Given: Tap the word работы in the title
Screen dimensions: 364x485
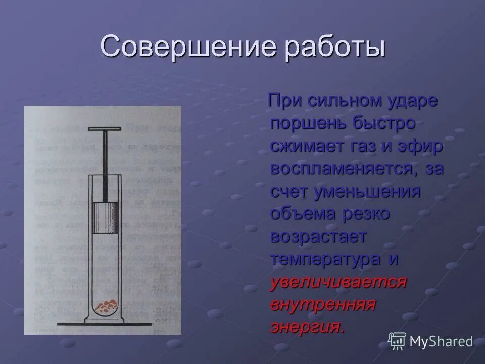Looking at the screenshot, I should pos(334,48).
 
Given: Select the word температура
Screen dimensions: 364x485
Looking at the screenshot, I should pos(326,259).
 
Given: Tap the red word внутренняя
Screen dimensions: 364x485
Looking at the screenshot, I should pos(323,304).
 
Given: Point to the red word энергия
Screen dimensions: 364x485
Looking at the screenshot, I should pos(307,327).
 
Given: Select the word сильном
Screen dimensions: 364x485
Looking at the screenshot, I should pos(338,100).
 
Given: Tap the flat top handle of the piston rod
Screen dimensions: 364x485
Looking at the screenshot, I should pos(105,129).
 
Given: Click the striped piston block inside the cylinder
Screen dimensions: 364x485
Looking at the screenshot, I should pos(105,217).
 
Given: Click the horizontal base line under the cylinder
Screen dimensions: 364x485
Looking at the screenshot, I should pos(105,323).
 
